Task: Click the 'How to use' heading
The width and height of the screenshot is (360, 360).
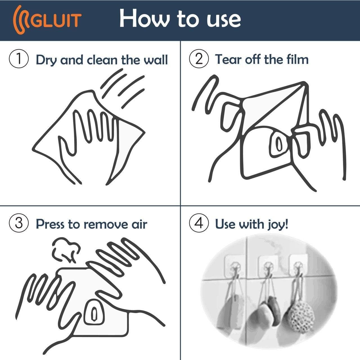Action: coord(180,19)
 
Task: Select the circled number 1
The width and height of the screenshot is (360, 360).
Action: coord(19,59)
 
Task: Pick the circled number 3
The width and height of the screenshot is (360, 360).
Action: coord(19,224)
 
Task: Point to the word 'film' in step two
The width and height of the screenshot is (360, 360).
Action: coord(298,59)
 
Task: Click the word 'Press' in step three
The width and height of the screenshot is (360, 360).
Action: coord(50,224)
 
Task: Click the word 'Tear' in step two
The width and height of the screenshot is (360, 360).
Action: coord(227,59)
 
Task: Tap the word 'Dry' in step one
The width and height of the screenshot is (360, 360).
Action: coord(46,60)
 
